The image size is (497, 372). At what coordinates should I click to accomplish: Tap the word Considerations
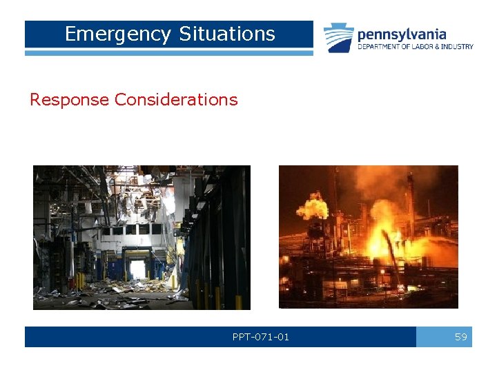point(176,100)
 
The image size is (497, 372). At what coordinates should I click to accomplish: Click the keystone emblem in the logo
point(339,38)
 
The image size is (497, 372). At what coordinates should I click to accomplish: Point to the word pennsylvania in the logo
point(401,34)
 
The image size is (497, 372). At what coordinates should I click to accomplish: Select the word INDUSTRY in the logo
point(458,47)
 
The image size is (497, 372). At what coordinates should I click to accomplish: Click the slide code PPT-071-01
point(261,337)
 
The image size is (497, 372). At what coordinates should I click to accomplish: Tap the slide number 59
point(460,337)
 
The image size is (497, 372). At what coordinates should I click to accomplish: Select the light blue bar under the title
point(168,52)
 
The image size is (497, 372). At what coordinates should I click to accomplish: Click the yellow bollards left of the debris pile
point(81,280)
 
